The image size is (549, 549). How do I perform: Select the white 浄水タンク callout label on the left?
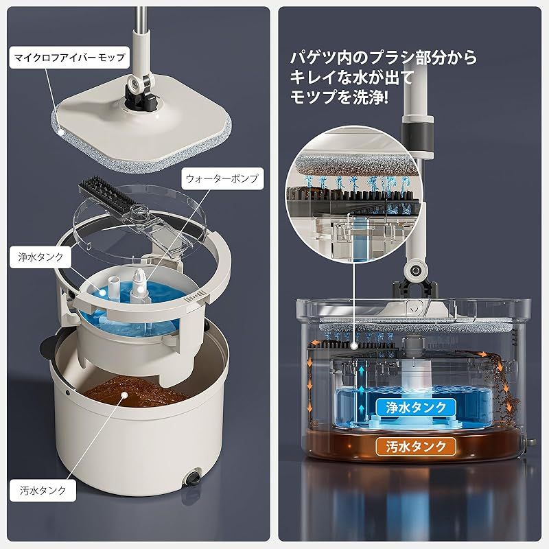[x=40, y=257]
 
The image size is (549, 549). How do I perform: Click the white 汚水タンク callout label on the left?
[x=40, y=491]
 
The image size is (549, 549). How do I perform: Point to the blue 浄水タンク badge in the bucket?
[x=410, y=407]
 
